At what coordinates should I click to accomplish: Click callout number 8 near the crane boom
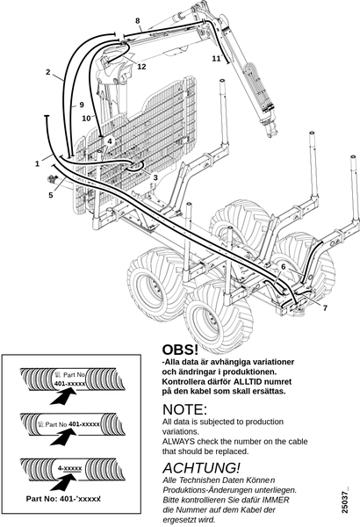click(x=138, y=21)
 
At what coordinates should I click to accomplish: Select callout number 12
click(x=142, y=67)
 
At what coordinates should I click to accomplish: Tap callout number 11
click(x=216, y=58)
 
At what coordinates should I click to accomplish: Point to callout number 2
click(x=48, y=72)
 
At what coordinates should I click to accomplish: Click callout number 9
click(x=82, y=105)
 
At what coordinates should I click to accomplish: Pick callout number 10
click(x=86, y=119)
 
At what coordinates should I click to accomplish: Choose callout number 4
click(x=110, y=141)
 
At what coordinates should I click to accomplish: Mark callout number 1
click(x=37, y=163)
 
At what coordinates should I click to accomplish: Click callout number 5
click(x=51, y=195)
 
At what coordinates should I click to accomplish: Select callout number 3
click(x=155, y=177)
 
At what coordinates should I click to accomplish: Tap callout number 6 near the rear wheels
click(x=284, y=267)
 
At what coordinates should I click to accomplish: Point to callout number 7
click(x=325, y=308)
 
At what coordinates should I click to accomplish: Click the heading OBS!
click(x=180, y=350)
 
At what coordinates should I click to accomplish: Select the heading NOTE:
click(x=185, y=409)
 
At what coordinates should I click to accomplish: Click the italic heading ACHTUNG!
click(x=201, y=468)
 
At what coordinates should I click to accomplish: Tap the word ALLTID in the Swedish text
click(x=248, y=382)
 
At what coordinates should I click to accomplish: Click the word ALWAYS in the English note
click(x=179, y=441)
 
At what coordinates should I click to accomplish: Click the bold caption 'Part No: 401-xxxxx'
click(x=63, y=499)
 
